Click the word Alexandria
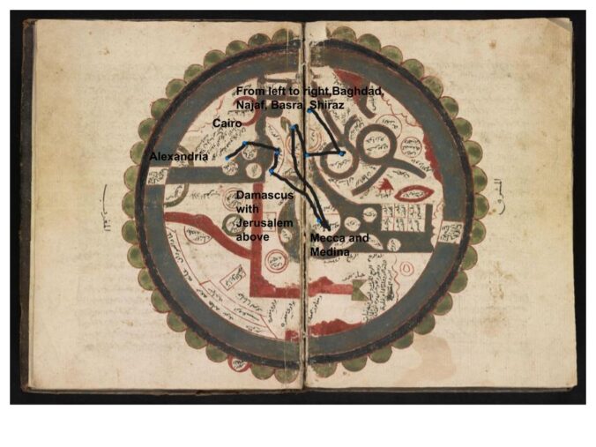(x=179, y=156)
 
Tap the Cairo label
(x=227, y=124)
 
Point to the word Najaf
(x=251, y=104)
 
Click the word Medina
(x=331, y=252)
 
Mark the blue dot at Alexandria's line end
(x=228, y=158)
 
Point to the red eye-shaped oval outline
(x=413, y=193)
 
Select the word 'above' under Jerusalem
(x=251, y=236)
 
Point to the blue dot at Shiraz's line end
(x=342, y=153)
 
